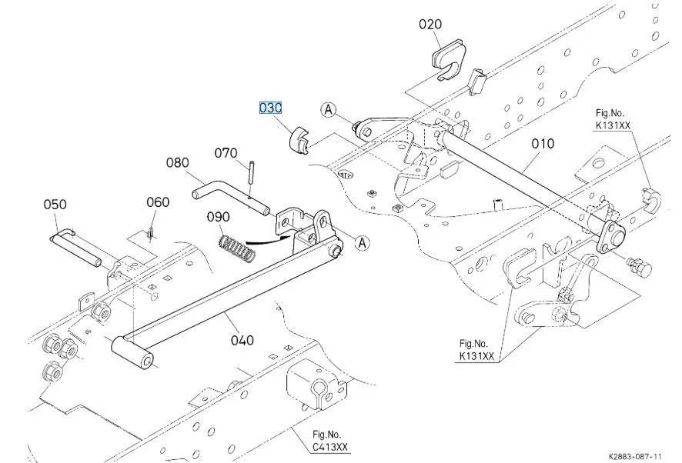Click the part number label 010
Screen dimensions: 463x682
click(x=542, y=143)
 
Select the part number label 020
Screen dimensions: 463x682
click(x=430, y=24)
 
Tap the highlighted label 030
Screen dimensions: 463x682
click(x=270, y=108)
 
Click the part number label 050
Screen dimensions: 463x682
click(x=55, y=205)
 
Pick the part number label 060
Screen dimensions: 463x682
click(x=158, y=202)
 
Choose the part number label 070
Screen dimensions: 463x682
click(x=226, y=153)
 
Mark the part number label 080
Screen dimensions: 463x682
click(x=177, y=163)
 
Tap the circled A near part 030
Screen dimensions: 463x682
click(x=329, y=111)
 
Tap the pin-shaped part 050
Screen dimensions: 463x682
click(x=76, y=247)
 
